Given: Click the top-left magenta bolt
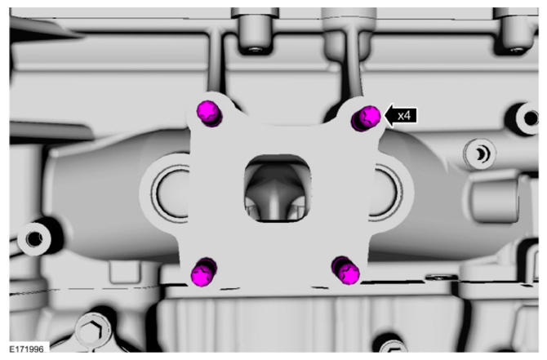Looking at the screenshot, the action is [x=209, y=113].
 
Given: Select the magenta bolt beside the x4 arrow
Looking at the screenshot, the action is [x=366, y=118].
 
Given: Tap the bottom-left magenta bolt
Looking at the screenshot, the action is [x=204, y=272].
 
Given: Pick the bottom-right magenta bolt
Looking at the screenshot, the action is [x=345, y=270].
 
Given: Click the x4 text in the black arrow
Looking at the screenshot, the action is [x=404, y=115].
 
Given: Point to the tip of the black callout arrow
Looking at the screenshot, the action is [x=384, y=115].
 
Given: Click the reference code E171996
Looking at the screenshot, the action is [x=26, y=349].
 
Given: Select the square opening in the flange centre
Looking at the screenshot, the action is [x=278, y=189].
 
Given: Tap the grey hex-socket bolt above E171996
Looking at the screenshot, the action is [x=93, y=331].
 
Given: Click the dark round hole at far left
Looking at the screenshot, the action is [x=34, y=238].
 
